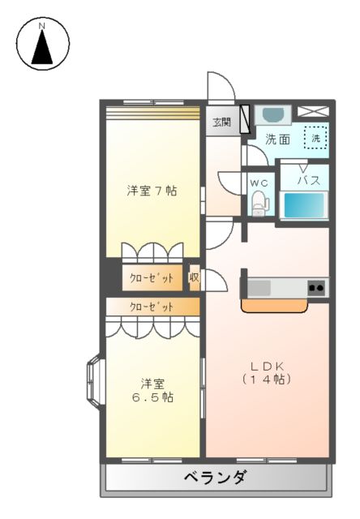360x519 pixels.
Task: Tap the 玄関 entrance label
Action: click(x=221, y=122)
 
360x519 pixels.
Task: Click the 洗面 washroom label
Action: click(x=278, y=139)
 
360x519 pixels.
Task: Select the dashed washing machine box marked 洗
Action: click(x=316, y=138)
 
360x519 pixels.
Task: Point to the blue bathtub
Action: click(x=304, y=205)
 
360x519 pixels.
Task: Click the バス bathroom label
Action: click(x=308, y=179)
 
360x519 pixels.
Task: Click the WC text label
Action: click(x=259, y=183)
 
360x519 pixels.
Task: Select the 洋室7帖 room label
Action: click(x=152, y=191)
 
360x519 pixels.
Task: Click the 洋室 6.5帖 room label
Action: click(x=152, y=390)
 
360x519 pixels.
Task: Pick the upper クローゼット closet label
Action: click(x=152, y=278)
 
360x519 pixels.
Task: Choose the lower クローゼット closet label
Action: click(x=152, y=307)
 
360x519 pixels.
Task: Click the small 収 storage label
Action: click(x=195, y=277)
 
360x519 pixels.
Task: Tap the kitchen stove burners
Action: click(x=315, y=287)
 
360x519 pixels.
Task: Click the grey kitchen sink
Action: click(x=260, y=287)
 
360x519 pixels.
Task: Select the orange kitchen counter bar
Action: click(x=276, y=306)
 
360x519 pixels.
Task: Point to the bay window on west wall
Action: click(x=93, y=380)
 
